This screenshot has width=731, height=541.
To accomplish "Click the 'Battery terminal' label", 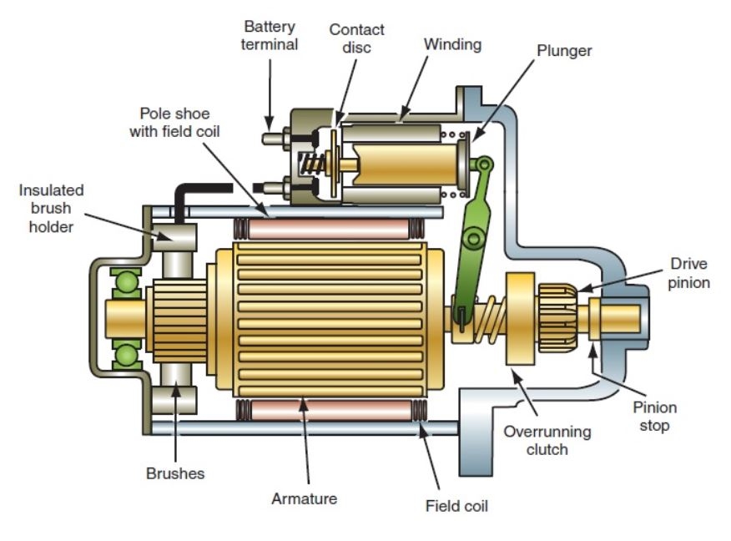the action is (x=269, y=35).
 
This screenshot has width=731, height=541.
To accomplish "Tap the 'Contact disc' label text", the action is (x=356, y=38).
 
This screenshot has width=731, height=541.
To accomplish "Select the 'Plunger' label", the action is (x=564, y=51).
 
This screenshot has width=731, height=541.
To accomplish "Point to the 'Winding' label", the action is (x=452, y=45).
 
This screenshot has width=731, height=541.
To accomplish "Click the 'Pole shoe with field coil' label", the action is (x=174, y=123).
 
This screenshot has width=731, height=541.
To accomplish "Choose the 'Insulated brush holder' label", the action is (x=51, y=209).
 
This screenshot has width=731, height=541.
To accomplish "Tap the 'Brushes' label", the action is (x=175, y=473).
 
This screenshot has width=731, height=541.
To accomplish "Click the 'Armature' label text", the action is (x=304, y=498).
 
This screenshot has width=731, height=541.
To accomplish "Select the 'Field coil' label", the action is (x=456, y=506).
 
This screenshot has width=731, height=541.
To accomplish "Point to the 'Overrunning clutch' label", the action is (x=547, y=440).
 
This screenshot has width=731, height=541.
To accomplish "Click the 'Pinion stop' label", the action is (x=654, y=417).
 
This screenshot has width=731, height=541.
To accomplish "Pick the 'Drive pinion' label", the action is (x=688, y=273).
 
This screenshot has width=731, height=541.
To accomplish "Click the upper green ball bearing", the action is (x=126, y=283).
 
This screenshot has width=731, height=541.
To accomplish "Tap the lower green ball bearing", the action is (x=126, y=356).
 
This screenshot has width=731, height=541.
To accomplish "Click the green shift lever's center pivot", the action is (x=473, y=238).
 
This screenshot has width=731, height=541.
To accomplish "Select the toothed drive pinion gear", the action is (x=558, y=318).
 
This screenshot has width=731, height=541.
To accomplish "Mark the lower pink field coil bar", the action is (x=331, y=410).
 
